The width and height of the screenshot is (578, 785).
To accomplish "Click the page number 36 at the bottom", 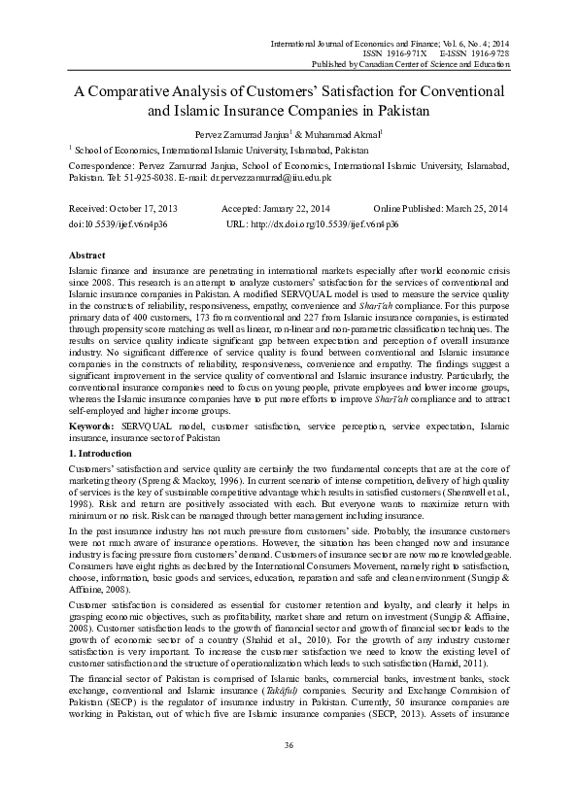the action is click(289, 770).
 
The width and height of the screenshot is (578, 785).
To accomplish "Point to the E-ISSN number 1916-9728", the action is click(488, 53).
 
